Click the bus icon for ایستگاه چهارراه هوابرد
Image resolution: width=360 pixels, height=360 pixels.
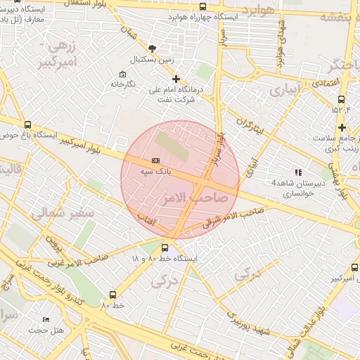(183, 7)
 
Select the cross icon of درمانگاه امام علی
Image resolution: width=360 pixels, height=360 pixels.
(176, 79)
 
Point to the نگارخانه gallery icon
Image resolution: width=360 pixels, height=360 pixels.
(123, 74)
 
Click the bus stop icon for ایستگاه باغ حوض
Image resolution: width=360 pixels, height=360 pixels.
(27, 124)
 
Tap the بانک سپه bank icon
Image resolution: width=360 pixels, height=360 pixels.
(155, 160)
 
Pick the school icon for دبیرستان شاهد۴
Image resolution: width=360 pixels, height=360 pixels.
(298, 172)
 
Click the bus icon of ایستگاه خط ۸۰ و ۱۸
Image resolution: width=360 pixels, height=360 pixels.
(165, 247)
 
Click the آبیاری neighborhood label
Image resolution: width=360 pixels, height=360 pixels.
(285, 91)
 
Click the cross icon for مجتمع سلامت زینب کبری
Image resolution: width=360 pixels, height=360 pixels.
(342, 127)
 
